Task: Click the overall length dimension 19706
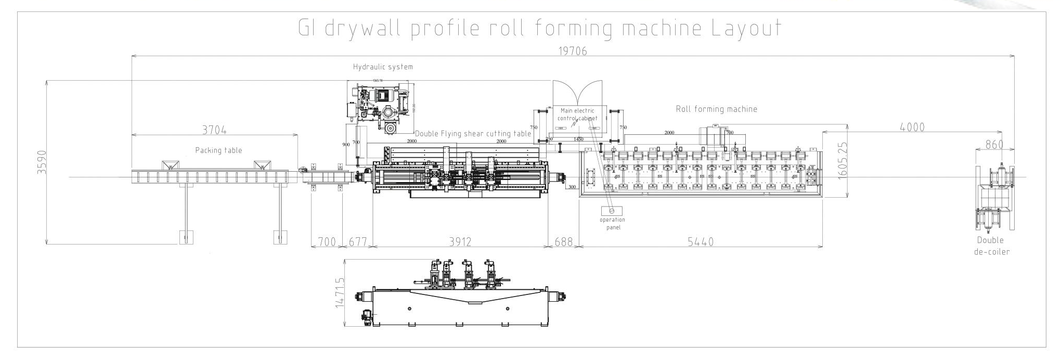click(x=572, y=50)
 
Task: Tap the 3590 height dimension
click(x=42, y=162)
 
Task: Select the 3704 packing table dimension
click(x=214, y=129)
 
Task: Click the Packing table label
click(x=218, y=150)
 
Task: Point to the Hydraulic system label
click(x=383, y=67)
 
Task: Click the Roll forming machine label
click(x=716, y=109)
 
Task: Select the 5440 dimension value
click(x=701, y=242)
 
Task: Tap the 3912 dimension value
click(x=460, y=242)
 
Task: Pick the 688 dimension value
click(x=564, y=242)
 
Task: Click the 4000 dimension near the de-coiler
click(x=912, y=127)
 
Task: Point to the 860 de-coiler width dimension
click(x=994, y=145)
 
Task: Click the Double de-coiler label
click(x=990, y=246)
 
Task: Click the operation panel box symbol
click(x=612, y=211)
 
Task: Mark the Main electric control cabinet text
click(x=577, y=114)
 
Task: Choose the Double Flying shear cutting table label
click(x=473, y=134)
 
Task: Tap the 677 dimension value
click(x=358, y=242)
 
